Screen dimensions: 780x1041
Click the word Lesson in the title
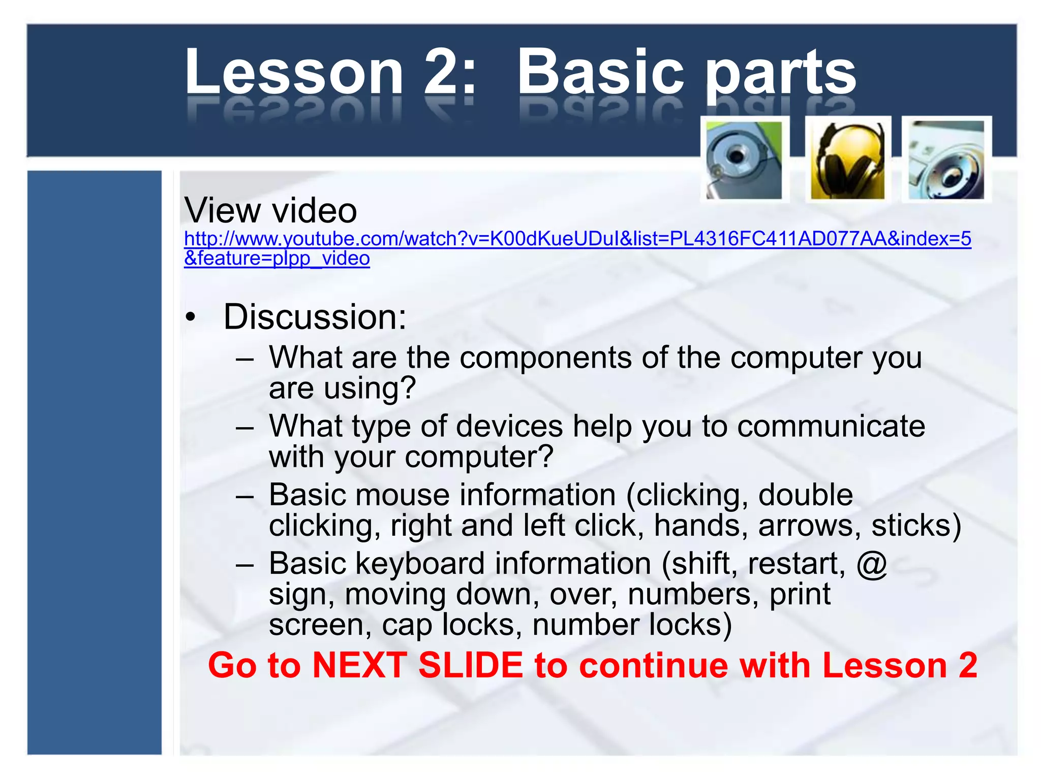[x=293, y=72]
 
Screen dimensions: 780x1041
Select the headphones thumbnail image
[x=847, y=160]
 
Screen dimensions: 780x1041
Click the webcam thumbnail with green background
[x=744, y=160]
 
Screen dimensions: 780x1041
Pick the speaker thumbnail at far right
[x=946, y=160]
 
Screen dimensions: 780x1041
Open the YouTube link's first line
[x=577, y=239]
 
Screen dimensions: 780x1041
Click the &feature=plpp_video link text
[x=277, y=258]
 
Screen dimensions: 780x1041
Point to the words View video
[x=270, y=210]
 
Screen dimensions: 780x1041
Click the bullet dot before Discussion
[x=190, y=317]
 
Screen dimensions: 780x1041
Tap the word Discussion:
[x=315, y=317]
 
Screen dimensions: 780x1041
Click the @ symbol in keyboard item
[x=871, y=564]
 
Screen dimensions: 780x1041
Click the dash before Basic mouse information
[x=244, y=496]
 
